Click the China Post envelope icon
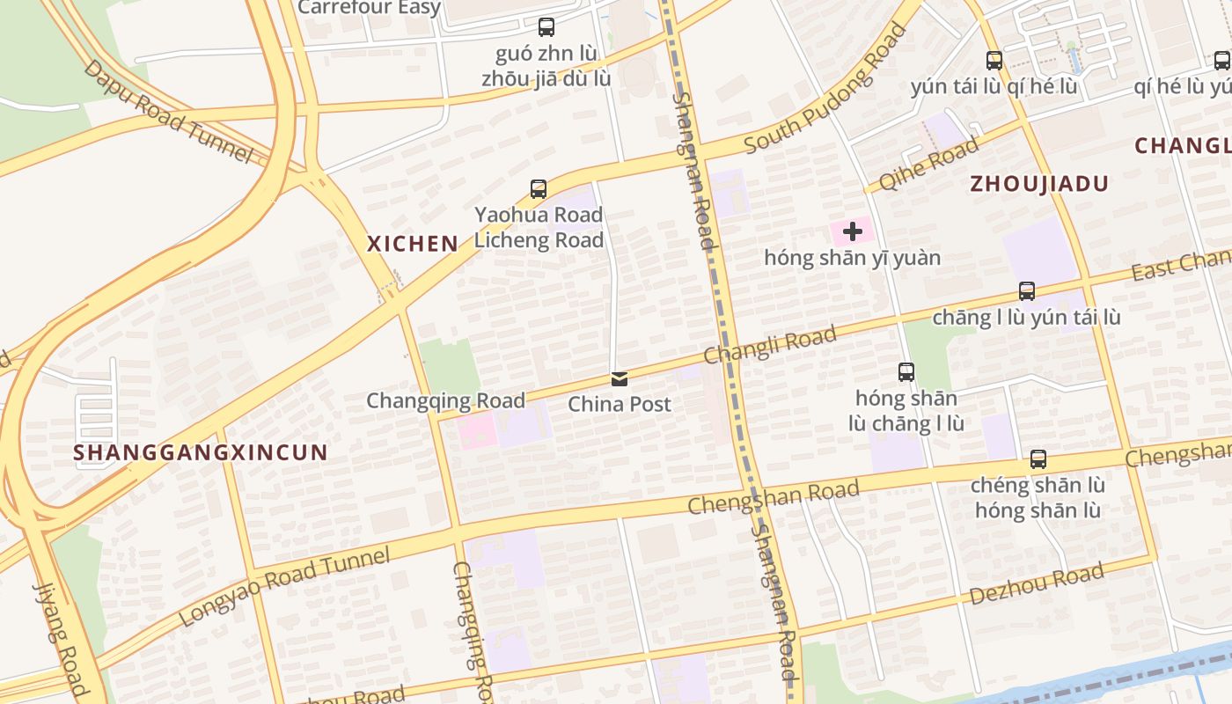click(620, 379)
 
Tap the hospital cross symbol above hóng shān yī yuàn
click(852, 231)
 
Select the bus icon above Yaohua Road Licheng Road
click(538, 188)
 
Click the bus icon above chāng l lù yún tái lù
click(1026, 291)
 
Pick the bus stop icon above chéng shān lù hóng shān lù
click(1038, 459)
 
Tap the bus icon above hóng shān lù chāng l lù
click(906, 372)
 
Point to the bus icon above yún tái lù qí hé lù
click(994, 61)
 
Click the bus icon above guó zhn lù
click(546, 27)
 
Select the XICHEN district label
click(413, 244)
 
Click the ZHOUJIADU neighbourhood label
click(1039, 184)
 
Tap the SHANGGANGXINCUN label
click(201, 452)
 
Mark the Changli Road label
click(770, 344)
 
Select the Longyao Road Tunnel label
click(284, 585)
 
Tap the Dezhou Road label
click(1037, 585)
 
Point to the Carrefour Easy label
click(370, 8)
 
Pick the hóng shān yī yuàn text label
click(852, 258)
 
